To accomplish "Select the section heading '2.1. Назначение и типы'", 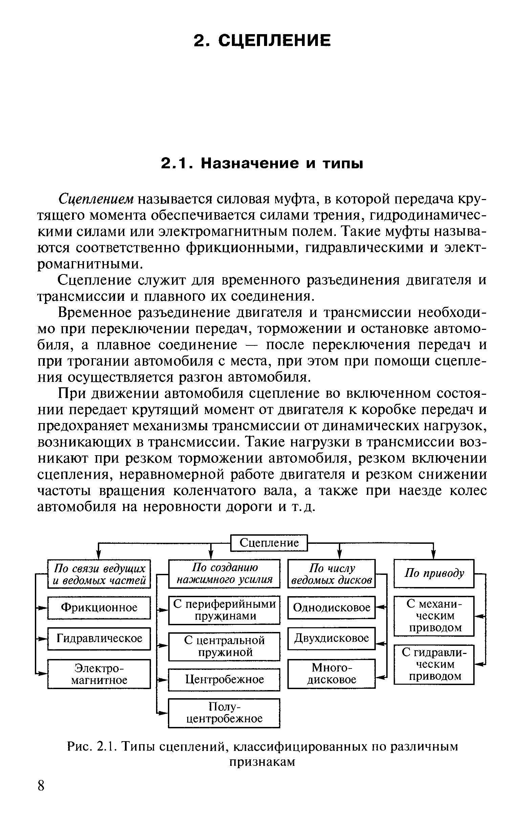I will pyautogui.click(x=262, y=163).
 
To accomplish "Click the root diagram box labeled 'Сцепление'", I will pyautogui.click(x=268, y=543).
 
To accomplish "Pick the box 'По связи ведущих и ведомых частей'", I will pyautogui.click(x=99, y=574).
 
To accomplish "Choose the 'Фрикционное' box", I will pyautogui.click(x=99, y=608).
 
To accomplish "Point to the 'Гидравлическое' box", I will pyautogui.click(x=99, y=638).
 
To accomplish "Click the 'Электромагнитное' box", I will pyautogui.click(x=99, y=674).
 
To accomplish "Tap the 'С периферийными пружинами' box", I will pyautogui.click(x=224, y=610).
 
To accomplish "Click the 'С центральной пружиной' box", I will pyautogui.click(x=224, y=646).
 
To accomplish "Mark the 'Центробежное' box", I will pyautogui.click(x=224, y=679).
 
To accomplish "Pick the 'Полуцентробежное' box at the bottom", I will pyautogui.click(x=224, y=713).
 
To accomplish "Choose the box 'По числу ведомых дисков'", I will pyautogui.click(x=331, y=574).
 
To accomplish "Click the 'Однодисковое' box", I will pyautogui.click(x=331, y=608).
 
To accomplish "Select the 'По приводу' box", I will pyautogui.click(x=434, y=573).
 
